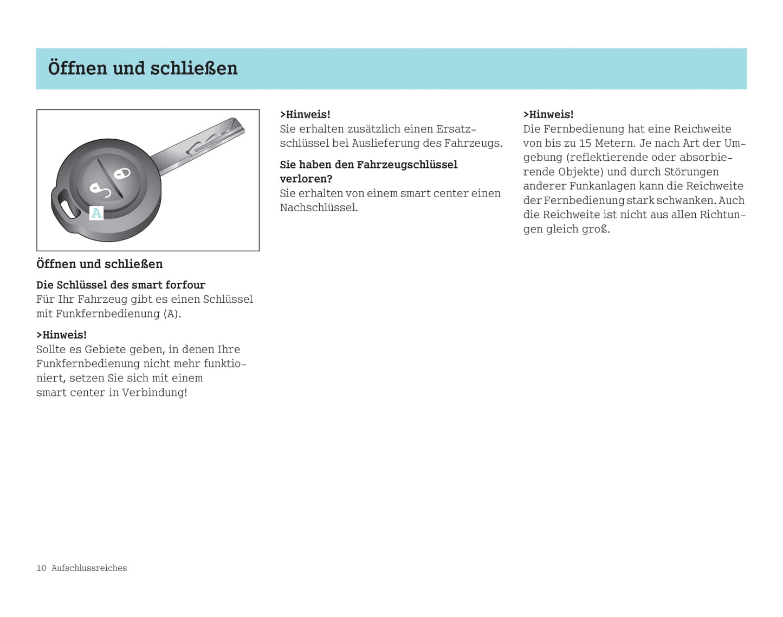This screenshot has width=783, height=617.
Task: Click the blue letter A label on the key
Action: click(96, 213)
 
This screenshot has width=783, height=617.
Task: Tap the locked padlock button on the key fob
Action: click(122, 173)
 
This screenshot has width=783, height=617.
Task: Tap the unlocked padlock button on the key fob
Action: click(99, 190)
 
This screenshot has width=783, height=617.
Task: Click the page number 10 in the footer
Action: click(41, 568)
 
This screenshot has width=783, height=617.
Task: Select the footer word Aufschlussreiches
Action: click(89, 568)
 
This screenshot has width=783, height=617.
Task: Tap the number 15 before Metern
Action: click(585, 143)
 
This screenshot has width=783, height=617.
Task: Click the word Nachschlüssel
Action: click(319, 207)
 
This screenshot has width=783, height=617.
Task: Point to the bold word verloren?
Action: click(306, 179)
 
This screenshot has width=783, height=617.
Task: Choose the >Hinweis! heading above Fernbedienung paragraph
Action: click(548, 114)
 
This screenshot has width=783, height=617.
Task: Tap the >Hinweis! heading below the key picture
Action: click(61, 335)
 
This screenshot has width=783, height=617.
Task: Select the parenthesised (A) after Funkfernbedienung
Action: click(172, 314)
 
